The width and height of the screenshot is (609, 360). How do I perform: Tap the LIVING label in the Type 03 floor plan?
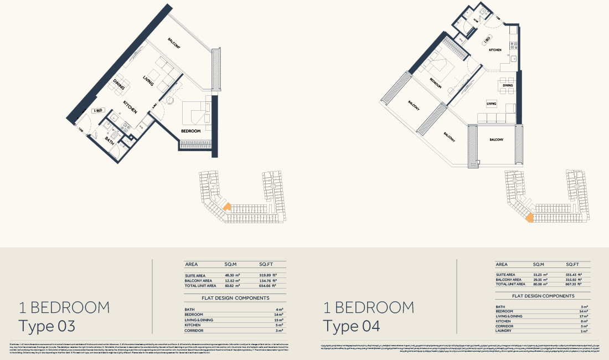click(x=148, y=80)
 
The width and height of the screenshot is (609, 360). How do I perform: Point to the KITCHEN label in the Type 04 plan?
click(x=495, y=50)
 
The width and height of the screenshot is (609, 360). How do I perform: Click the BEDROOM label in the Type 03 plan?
click(x=190, y=131)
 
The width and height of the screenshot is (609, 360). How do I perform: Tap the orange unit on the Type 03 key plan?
click(x=226, y=207)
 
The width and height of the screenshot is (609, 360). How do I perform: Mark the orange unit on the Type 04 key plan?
click(x=530, y=218)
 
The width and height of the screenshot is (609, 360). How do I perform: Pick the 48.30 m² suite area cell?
click(x=230, y=275)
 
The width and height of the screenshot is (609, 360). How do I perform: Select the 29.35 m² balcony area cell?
click(x=540, y=279)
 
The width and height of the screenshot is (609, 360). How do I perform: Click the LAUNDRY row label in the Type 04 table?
click(x=504, y=331)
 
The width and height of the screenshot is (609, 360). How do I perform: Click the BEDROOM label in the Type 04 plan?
click(x=436, y=83)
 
